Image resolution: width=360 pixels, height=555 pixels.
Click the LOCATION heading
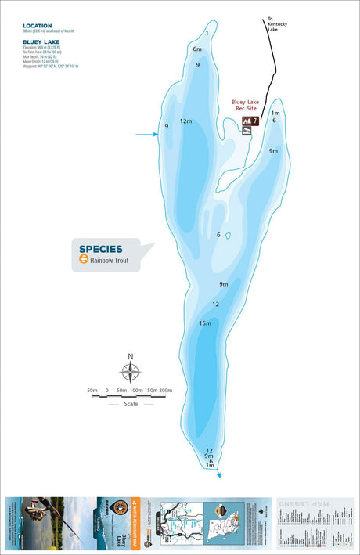coord(38,26)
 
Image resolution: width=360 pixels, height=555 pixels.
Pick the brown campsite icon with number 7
coord(256,121)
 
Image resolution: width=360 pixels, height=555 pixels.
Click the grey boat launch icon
coord(247,132)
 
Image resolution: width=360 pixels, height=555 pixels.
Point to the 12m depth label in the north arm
coord(186,121)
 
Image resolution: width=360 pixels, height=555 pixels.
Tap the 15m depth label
coord(205,323)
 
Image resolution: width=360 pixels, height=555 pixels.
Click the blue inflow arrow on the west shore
coord(146,135)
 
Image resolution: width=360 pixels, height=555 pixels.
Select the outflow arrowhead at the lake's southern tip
coord(219,474)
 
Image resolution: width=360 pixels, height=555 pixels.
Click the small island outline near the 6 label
coord(228,235)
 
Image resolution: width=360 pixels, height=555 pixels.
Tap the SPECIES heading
coord(101,250)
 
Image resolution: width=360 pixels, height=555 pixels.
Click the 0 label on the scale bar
coord(107,390)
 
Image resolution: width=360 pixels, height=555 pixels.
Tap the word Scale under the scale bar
coord(131,404)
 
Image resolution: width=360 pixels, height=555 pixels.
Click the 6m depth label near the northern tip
coord(197,49)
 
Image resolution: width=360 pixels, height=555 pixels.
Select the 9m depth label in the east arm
coord(273,150)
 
